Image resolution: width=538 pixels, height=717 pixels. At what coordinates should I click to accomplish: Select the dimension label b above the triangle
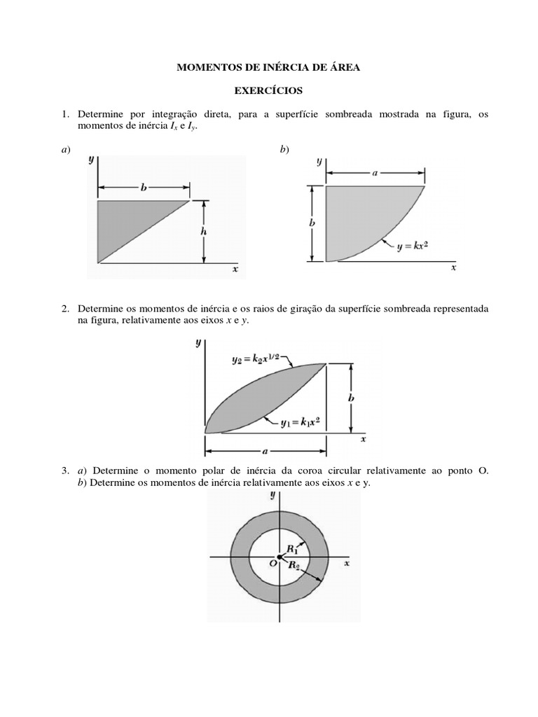tap(143, 188)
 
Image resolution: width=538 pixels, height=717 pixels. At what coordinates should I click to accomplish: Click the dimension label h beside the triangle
tap(204, 232)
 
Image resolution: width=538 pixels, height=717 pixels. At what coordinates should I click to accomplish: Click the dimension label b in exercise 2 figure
tap(350, 397)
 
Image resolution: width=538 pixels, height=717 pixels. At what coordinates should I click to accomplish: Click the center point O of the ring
tap(279, 557)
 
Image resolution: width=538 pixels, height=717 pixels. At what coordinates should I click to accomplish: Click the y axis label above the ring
tap(272, 496)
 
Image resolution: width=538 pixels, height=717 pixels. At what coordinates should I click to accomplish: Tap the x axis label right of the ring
tap(347, 562)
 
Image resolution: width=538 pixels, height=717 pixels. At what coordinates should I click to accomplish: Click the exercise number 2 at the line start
tap(64, 309)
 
